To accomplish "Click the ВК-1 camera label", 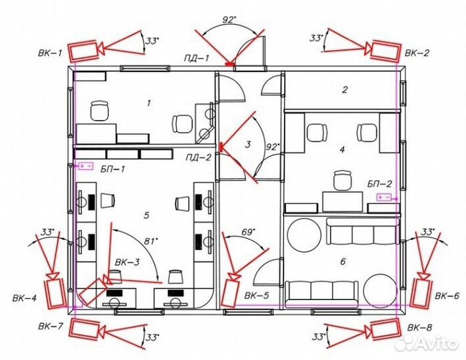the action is pos(50,53).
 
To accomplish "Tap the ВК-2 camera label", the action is pos(417,53).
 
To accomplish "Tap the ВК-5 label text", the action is pos(257,295).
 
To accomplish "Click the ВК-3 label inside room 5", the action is pos(127,262).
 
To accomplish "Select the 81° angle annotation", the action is pos(151,241).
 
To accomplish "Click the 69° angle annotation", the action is pos(249,232).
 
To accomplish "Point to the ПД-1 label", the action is pos(197,58).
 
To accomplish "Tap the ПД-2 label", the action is pos(199,157).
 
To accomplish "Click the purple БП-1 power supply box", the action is pos(86,166).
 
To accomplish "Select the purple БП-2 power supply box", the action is pos(384,197).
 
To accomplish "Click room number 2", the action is pos(345,89).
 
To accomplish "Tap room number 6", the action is pos(343,261).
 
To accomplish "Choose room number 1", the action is pos(149,103).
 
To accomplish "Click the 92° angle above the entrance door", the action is pos(229,20).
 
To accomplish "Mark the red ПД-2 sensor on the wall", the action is pos(221,147).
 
